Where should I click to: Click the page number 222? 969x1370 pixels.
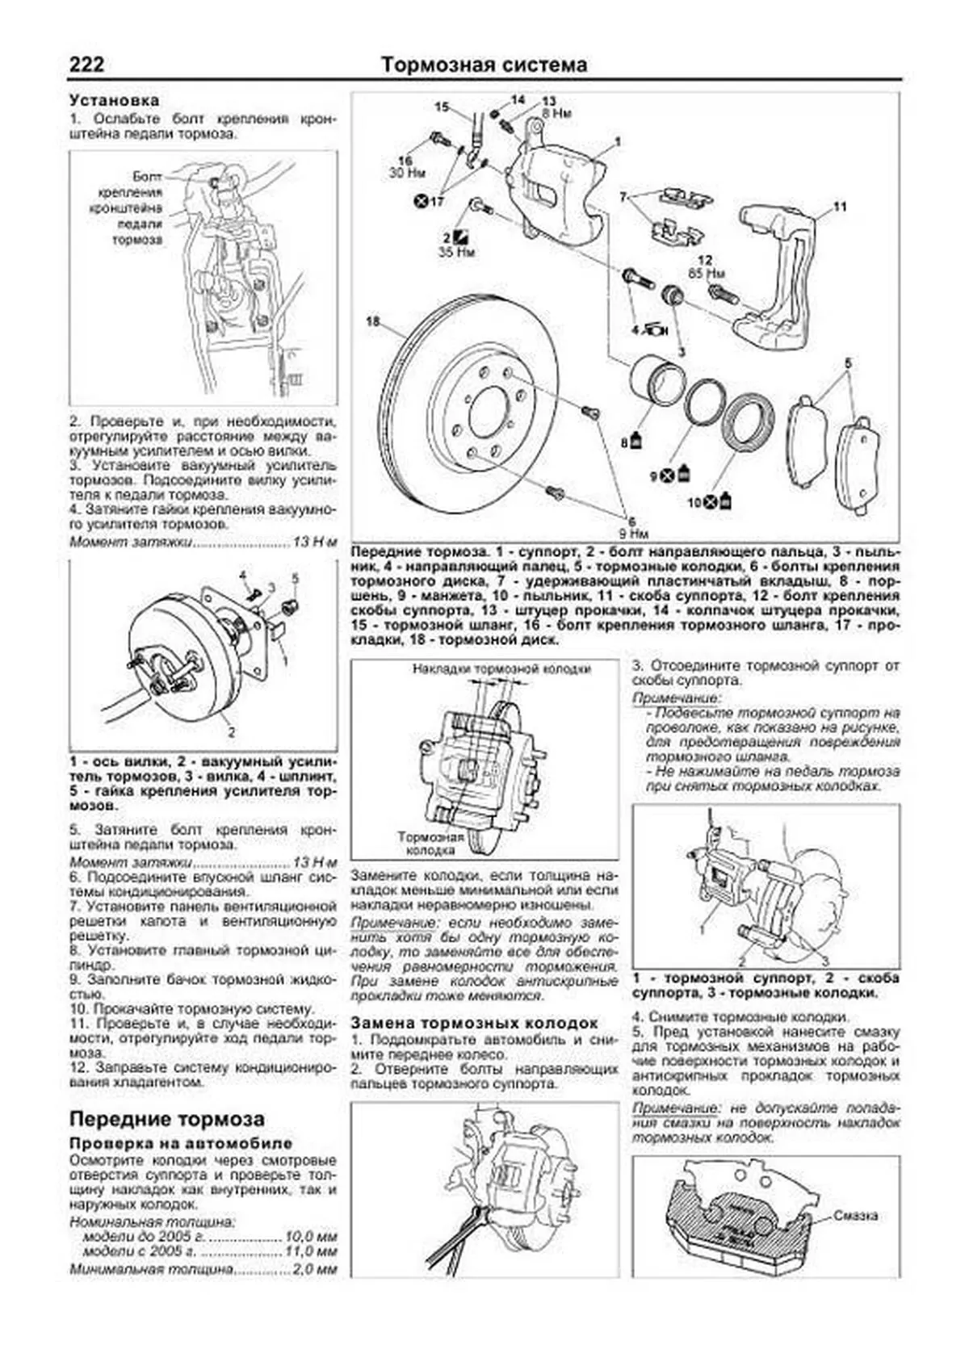tap(86, 65)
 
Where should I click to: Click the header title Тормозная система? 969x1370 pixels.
tap(484, 65)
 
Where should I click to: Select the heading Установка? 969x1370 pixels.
tap(114, 101)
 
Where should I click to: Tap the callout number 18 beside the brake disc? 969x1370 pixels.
tap(372, 321)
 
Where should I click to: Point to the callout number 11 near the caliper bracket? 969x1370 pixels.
tap(840, 207)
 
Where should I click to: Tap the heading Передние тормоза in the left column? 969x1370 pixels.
tap(167, 1119)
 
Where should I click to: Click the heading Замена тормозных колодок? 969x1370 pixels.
tap(474, 1023)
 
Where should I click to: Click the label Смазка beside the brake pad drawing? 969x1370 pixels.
tap(856, 1216)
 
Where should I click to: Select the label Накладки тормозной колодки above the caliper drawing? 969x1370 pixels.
tap(501, 668)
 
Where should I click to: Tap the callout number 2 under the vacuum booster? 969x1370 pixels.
tap(232, 733)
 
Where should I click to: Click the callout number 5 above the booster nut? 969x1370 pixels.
tap(295, 578)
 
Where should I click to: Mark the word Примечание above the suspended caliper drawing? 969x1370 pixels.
tap(675, 697)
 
